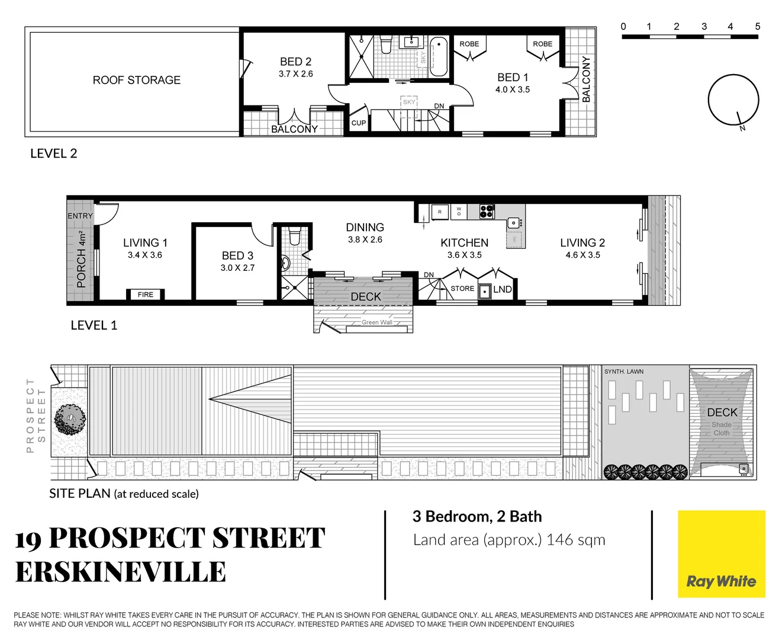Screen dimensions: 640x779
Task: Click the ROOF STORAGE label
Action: click(x=137, y=80)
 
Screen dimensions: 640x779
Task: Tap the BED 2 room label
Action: click(x=295, y=62)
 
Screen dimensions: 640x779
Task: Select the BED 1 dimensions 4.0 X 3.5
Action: click(x=513, y=90)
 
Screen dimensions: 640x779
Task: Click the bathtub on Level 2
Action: click(x=439, y=56)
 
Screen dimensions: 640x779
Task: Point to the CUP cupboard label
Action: click(x=359, y=123)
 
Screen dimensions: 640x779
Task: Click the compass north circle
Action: click(x=733, y=100)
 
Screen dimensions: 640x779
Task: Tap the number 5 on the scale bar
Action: click(x=758, y=27)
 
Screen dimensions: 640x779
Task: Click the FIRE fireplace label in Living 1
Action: click(x=146, y=295)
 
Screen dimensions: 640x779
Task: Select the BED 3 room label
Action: click(x=237, y=255)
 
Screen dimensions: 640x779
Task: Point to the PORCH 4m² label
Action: click(x=82, y=260)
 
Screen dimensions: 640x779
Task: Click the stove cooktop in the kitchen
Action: click(x=487, y=212)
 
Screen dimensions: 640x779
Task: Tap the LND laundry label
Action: click(x=503, y=290)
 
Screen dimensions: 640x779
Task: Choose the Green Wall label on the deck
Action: click(x=377, y=322)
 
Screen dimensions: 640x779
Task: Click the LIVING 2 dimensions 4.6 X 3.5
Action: click(x=583, y=255)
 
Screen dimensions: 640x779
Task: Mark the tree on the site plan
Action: click(x=70, y=420)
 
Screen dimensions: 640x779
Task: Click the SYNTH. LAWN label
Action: click(x=624, y=372)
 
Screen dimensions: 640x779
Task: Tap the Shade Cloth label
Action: click(x=722, y=429)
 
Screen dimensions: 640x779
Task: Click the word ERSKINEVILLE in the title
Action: click(x=121, y=572)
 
